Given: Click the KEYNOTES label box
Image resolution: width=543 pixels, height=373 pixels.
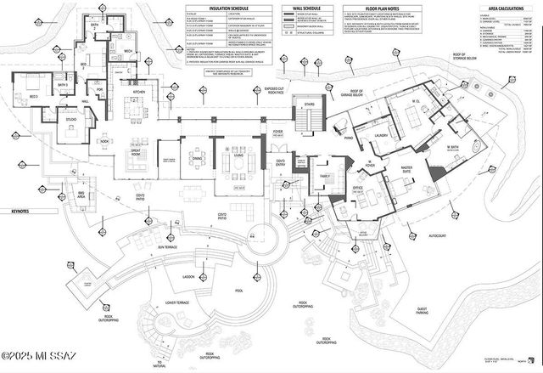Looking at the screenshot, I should tap(16, 212).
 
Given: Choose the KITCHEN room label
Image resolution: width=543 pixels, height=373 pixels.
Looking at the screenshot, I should tap(138, 92).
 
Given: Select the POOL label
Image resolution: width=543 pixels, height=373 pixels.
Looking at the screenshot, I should tap(238, 290).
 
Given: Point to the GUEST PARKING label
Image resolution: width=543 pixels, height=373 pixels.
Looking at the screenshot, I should tap(422, 312).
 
